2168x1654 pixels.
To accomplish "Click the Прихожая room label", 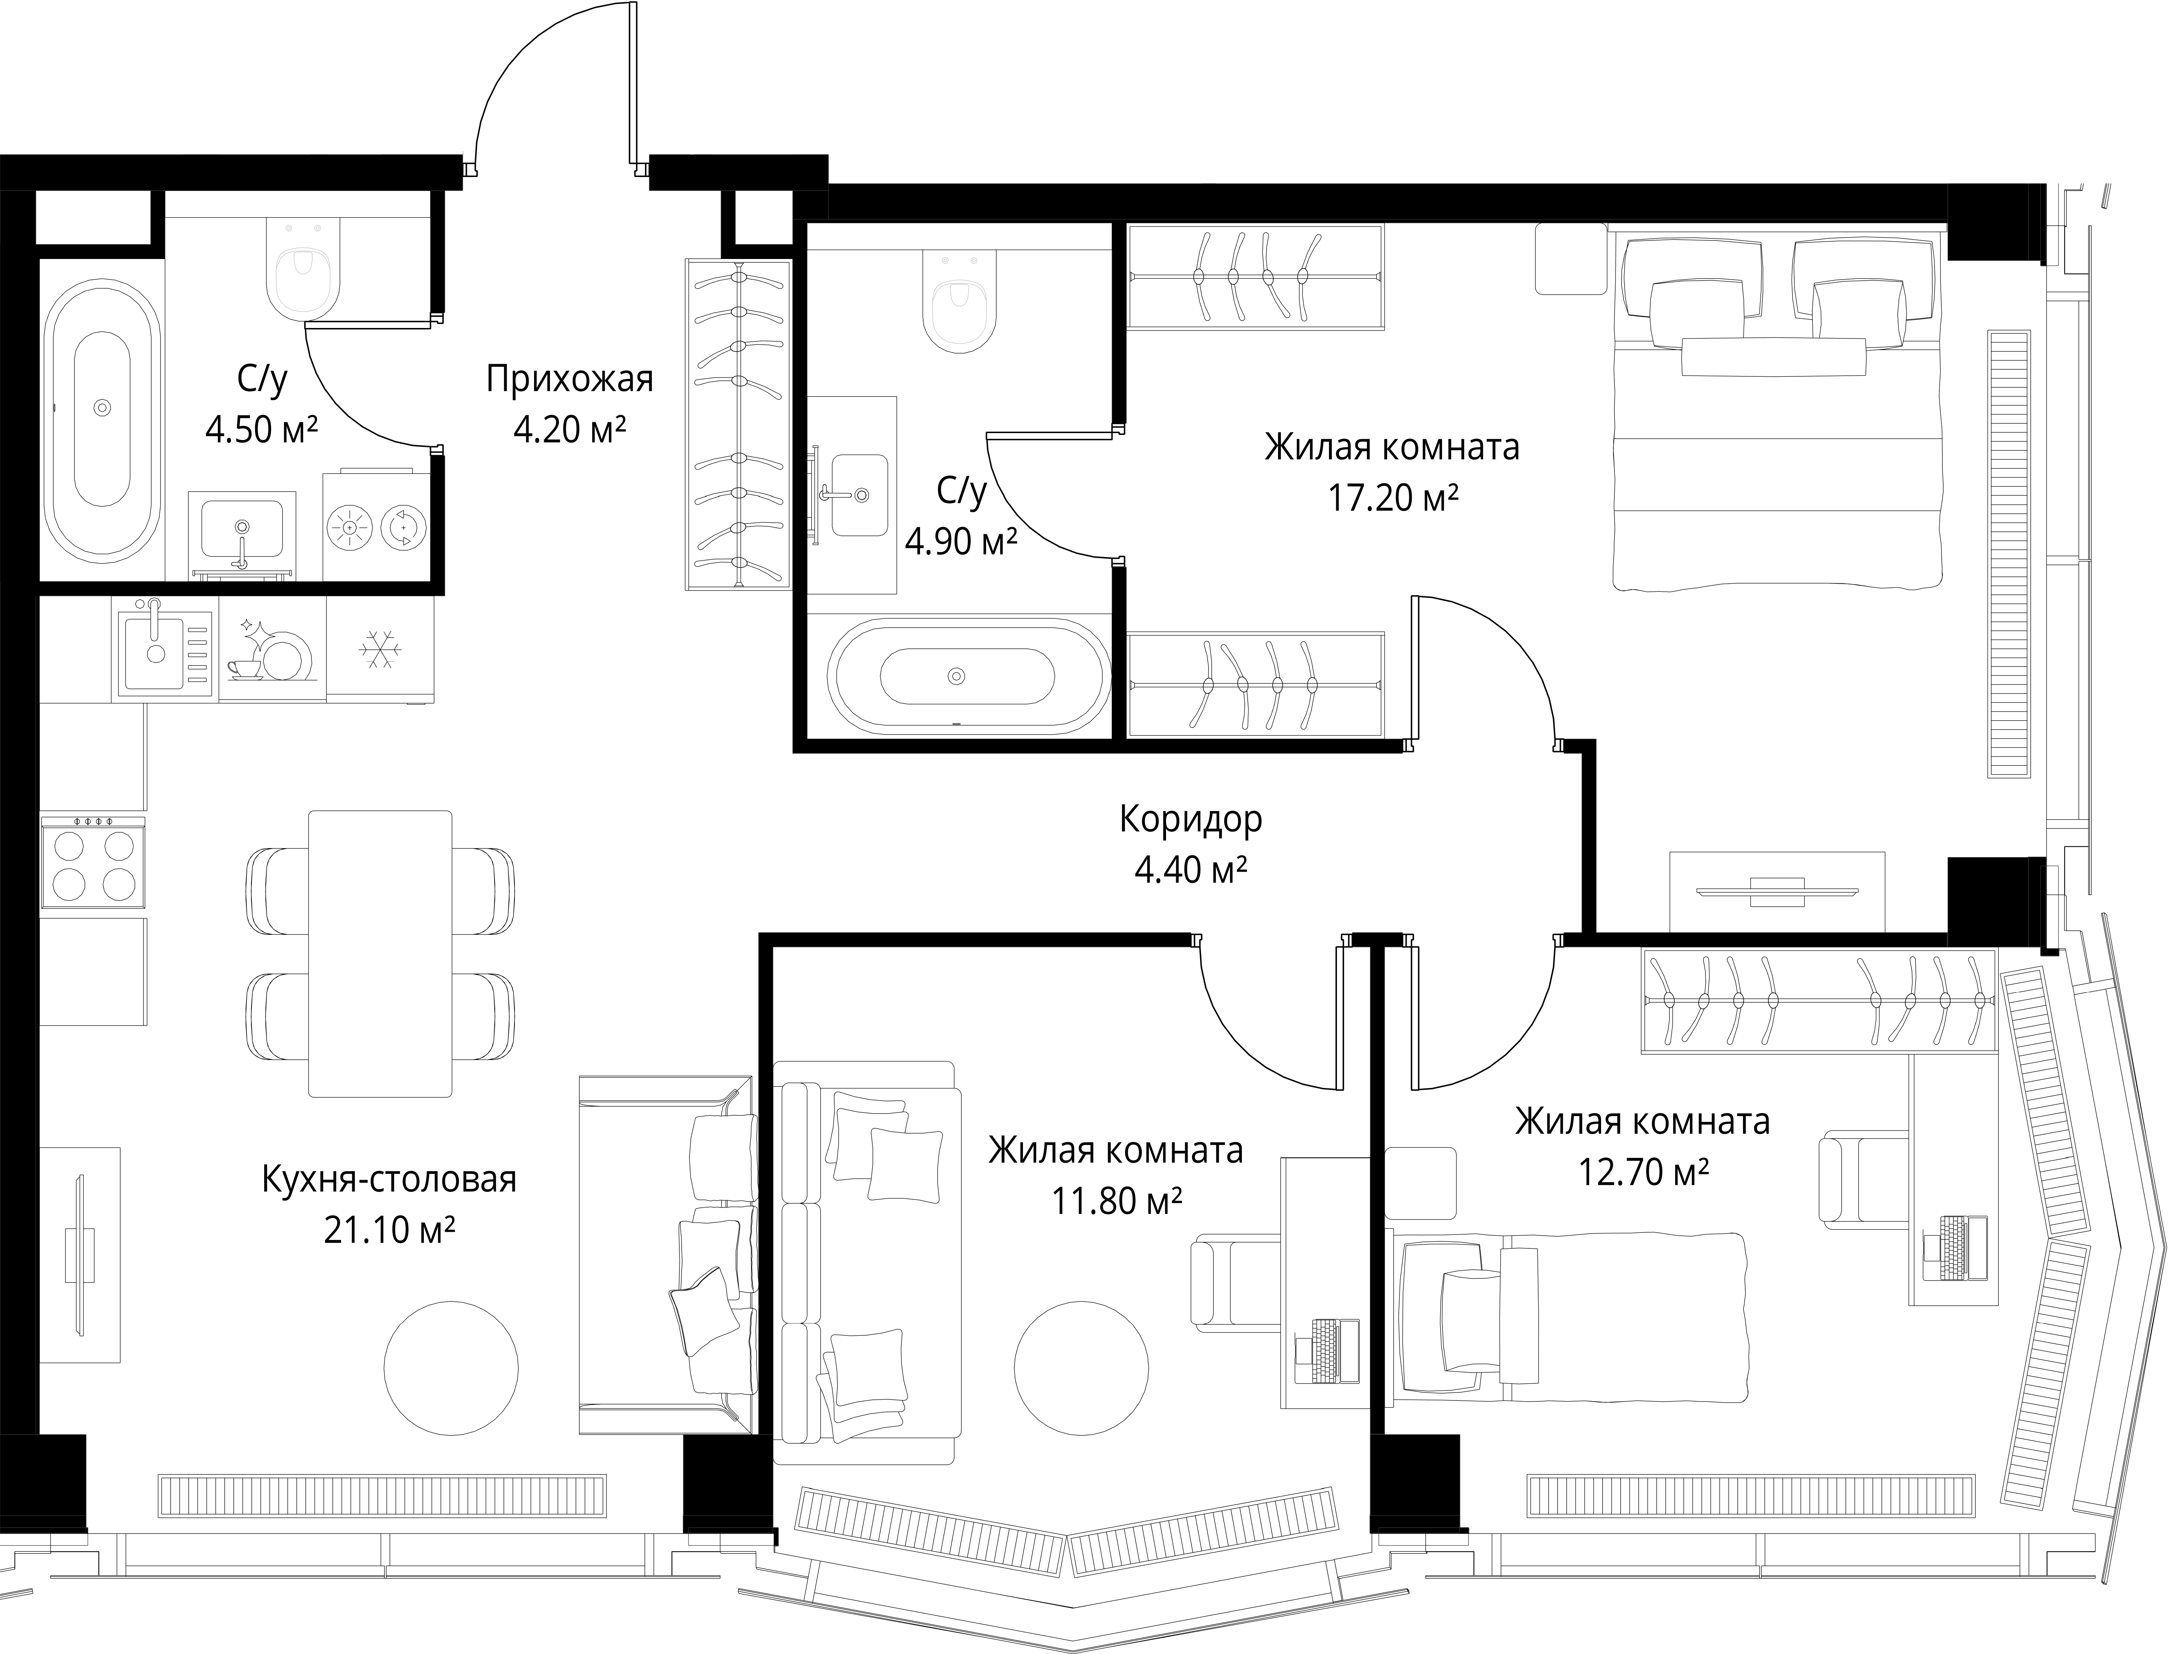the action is (569, 379).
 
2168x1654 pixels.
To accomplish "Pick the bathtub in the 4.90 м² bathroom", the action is (968, 675).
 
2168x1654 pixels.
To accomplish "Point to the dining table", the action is (380, 953).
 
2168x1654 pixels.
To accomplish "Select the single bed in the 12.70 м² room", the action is (1567, 1316).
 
